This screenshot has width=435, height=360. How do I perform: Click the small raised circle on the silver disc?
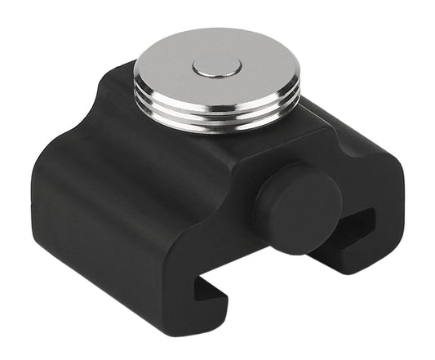[216, 68]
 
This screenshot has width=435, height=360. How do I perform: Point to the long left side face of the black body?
[90, 220]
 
